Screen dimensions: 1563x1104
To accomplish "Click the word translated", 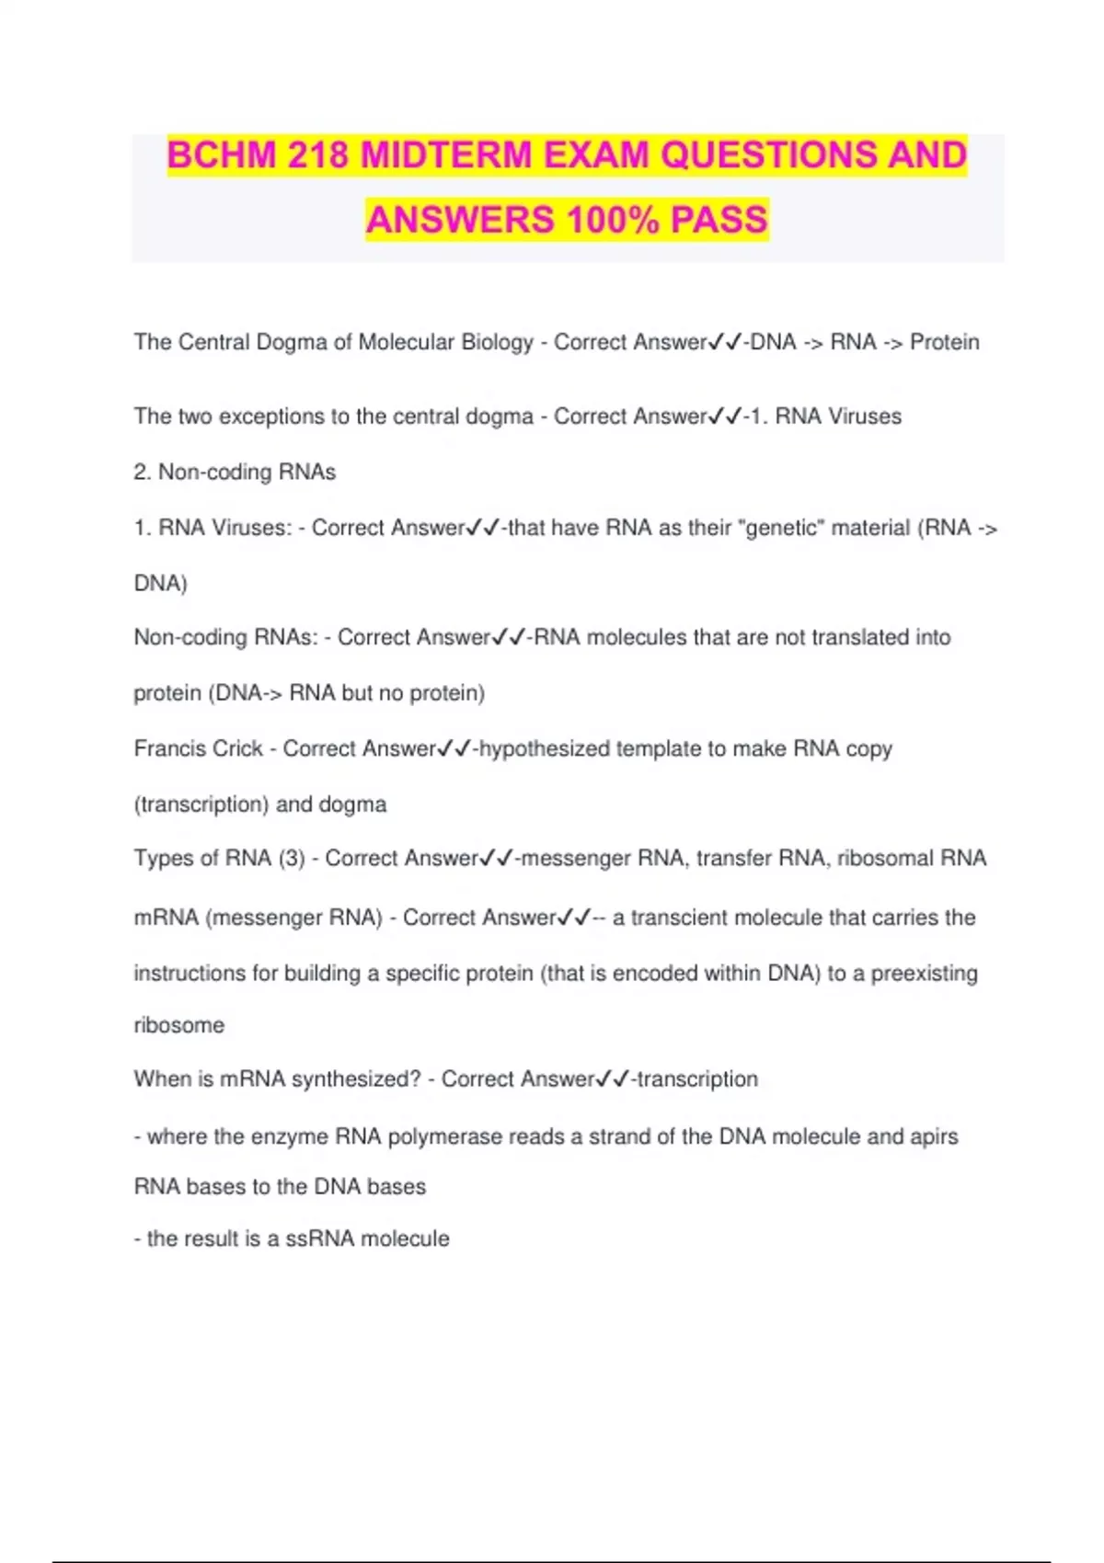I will [861, 637].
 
